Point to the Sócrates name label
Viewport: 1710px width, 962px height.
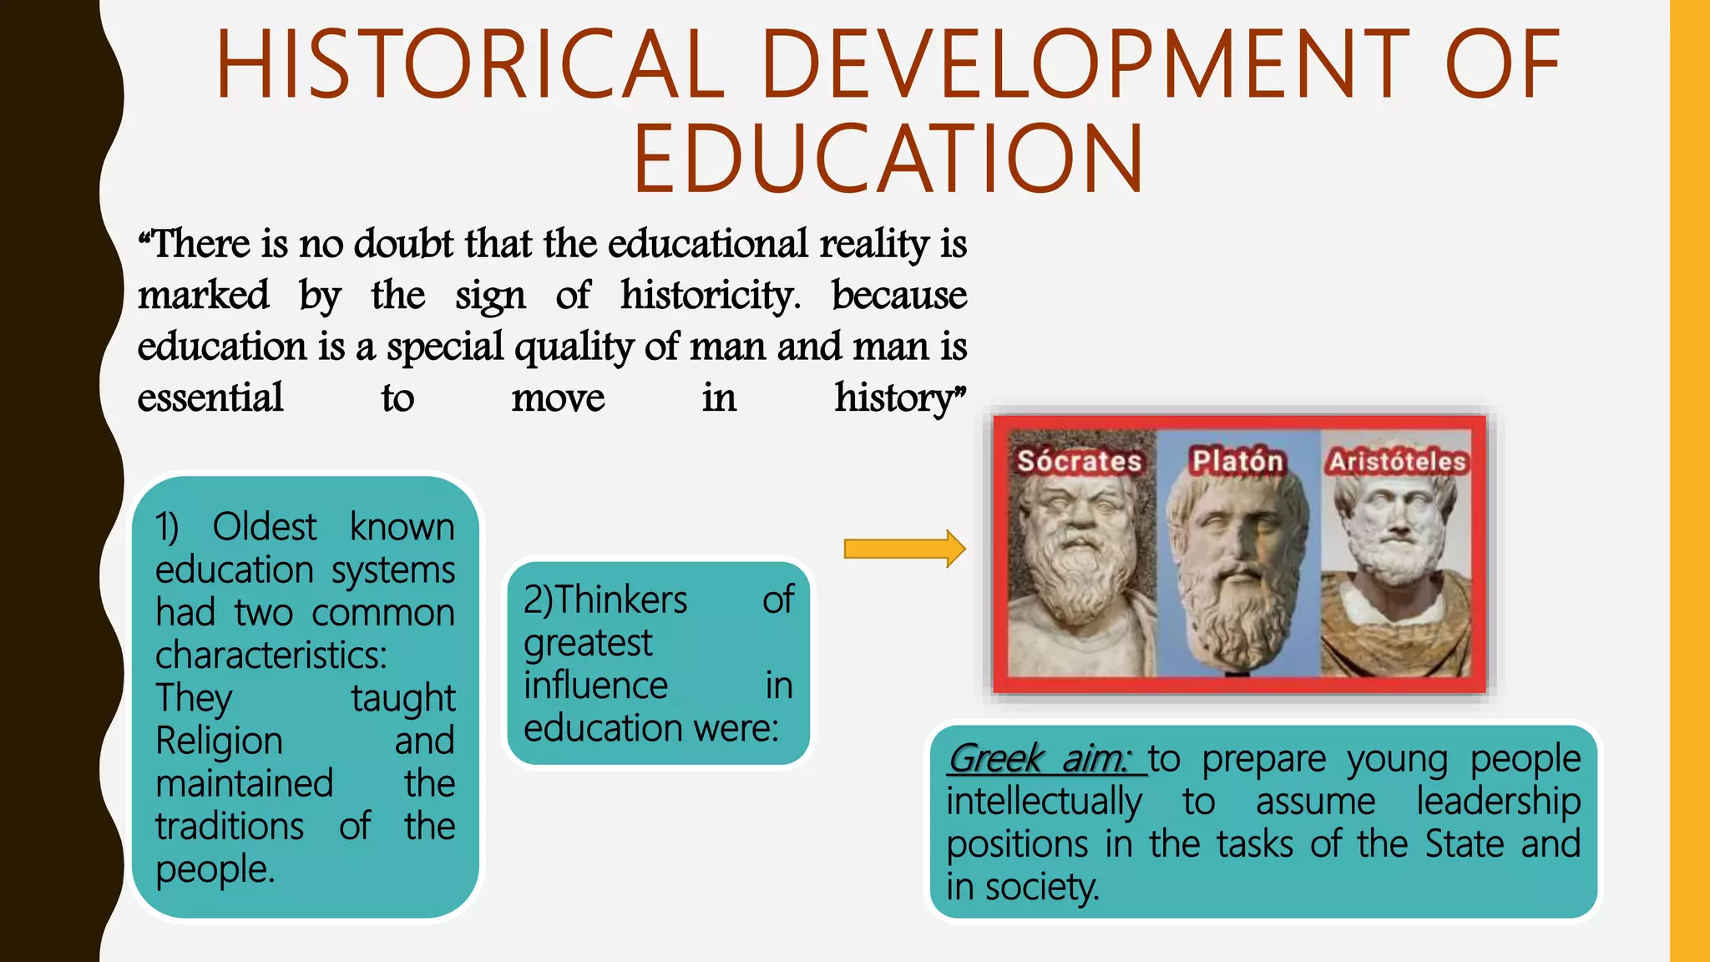point(1079,461)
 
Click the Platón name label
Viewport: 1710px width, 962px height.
point(1237,460)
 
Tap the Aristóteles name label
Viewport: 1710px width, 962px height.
point(1398,461)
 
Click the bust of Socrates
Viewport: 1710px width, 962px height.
point(1077,576)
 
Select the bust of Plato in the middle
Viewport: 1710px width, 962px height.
point(1236,576)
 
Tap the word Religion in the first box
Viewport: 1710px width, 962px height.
point(219,742)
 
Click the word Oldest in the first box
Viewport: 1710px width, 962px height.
point(264,527)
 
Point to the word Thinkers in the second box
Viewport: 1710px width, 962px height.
point(621,600)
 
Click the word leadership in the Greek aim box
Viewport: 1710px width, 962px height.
point(1498,802)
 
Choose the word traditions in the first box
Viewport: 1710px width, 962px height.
point(230,827)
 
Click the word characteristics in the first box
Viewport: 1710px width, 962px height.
point(271,656)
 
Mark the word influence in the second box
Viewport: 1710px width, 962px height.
point(595,686)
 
